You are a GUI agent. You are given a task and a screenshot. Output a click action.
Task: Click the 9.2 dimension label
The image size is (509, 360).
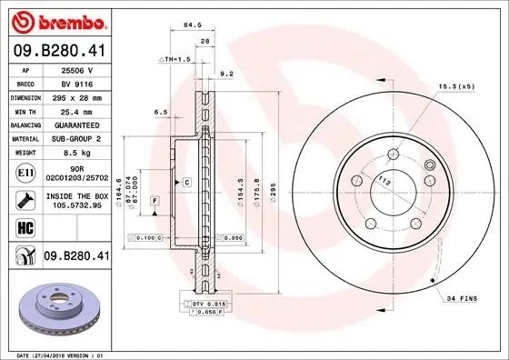coord(227,73)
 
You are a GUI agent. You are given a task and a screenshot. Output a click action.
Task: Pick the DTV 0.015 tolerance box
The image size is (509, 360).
coord(208,302)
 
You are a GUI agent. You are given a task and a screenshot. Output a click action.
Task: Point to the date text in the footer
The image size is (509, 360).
coord(55,353)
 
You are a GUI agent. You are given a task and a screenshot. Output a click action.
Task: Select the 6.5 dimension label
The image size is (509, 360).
coord(162,112)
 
